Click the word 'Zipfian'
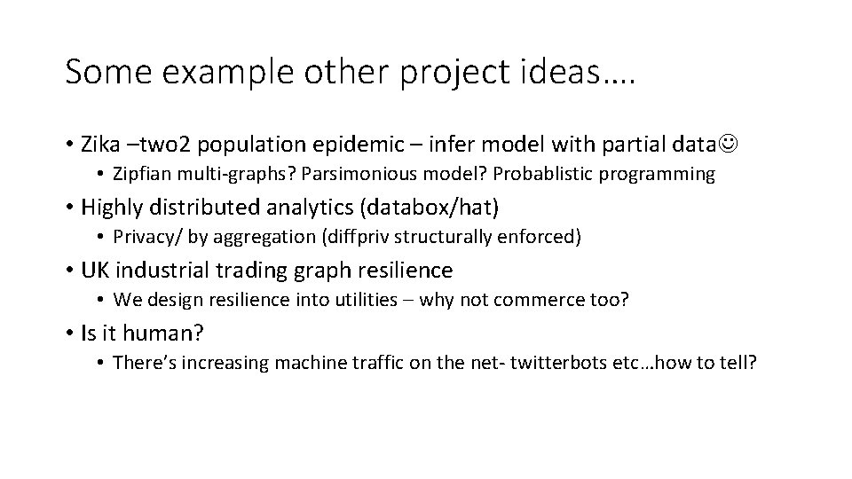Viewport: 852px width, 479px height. [143, 175]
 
